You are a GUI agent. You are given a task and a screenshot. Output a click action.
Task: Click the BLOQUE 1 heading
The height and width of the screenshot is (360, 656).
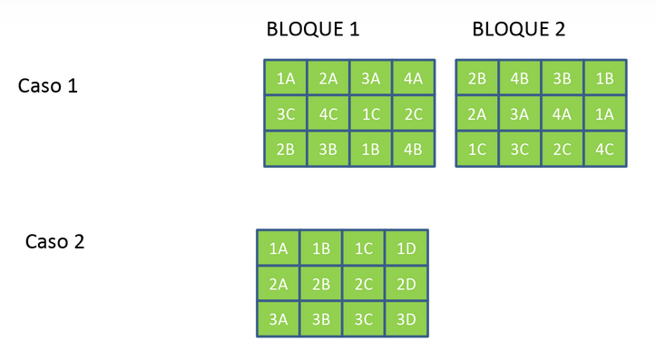(x=313, y=29)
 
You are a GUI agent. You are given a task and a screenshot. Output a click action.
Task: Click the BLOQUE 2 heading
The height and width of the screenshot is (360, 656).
(x=519, y=29)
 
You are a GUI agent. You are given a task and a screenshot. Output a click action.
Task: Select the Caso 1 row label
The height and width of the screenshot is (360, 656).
(x=48, y=86)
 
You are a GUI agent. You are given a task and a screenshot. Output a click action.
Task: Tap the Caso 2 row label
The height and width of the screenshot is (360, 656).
(x=54, y=242)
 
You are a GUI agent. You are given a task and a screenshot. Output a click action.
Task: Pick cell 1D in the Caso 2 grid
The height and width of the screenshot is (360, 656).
(x=406, y=248)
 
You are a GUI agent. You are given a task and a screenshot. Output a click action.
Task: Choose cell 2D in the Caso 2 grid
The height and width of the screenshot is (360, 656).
(x=406, y=284)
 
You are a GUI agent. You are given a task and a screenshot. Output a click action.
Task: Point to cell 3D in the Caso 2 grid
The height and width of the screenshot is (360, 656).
(x=406, y=318)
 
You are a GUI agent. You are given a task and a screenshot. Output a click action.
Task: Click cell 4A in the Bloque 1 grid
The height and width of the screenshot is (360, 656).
(x=414, y=78)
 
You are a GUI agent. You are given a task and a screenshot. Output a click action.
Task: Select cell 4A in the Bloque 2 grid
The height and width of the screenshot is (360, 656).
(x=563, y=113)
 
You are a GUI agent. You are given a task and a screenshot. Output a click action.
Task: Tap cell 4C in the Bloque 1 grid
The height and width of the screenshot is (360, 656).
(x=328, y=113)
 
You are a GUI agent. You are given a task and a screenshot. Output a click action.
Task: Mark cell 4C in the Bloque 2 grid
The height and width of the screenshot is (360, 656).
(x=605, y=149)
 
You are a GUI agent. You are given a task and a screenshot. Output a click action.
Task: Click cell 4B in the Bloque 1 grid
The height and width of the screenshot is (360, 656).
(x=414, y=149)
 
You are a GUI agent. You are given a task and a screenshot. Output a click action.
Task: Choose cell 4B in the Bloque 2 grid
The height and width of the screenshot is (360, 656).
(x=520, y=78)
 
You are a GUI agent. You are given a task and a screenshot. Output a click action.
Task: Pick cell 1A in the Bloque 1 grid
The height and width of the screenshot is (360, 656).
(x=286, y=78)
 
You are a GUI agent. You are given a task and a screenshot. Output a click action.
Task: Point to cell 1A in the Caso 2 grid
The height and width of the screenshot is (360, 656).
(x=279, y=248)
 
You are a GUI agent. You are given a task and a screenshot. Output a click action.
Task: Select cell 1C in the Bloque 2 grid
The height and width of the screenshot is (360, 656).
(x=477, y=149)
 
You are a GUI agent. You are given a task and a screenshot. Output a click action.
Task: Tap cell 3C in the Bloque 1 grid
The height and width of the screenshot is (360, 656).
(x=286, y=113)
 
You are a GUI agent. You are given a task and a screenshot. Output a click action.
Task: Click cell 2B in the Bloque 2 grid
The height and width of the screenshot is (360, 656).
(x=477, y=78)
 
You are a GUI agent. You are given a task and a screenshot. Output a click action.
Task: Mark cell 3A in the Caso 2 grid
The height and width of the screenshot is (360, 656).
(x=279, y=318)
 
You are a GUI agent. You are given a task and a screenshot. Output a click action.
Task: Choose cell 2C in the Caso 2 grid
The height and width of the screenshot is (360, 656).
(x=364, y=284)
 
